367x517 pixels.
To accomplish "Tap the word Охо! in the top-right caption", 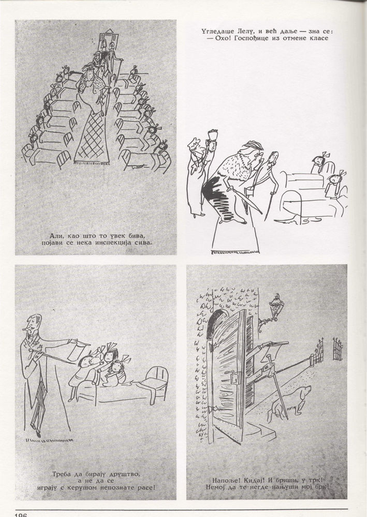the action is pyautogui.click(x=218, y=38).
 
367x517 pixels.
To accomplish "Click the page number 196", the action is pyautogui.click(x=21, y=515).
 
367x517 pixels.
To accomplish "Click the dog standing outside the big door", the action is pyautogui.click(x=286, y=402).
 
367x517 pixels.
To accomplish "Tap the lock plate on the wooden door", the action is pyautogui.click(x=235, y=376).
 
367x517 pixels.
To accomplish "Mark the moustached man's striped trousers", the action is pyautogui.click(x=39, y=404).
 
